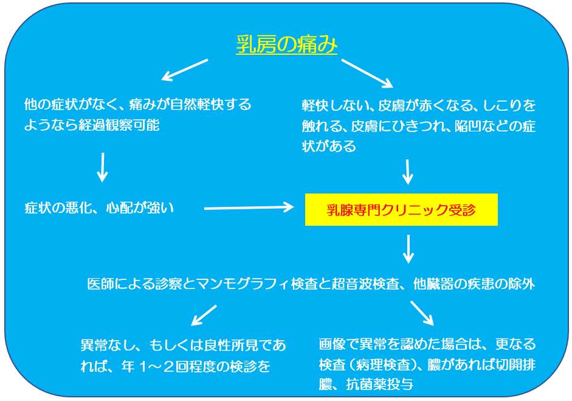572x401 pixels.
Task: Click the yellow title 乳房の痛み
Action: [287, 45]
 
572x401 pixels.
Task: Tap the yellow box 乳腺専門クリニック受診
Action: [401, 210]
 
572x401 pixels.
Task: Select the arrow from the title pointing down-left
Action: [185, 70]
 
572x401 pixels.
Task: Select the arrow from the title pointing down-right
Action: [367, 74]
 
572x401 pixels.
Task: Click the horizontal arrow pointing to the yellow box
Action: [249, 208]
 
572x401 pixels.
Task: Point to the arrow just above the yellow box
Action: [407, 172]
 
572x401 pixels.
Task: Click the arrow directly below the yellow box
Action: [408, 249]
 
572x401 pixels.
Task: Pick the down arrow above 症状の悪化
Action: [103, 167]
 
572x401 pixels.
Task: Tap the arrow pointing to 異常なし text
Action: [204, 315]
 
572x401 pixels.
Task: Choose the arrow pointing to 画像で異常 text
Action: [422, 313]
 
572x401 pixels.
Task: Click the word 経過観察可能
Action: [119, 125]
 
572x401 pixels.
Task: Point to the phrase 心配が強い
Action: [140, 208]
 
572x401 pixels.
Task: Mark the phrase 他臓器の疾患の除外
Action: [474, 284]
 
